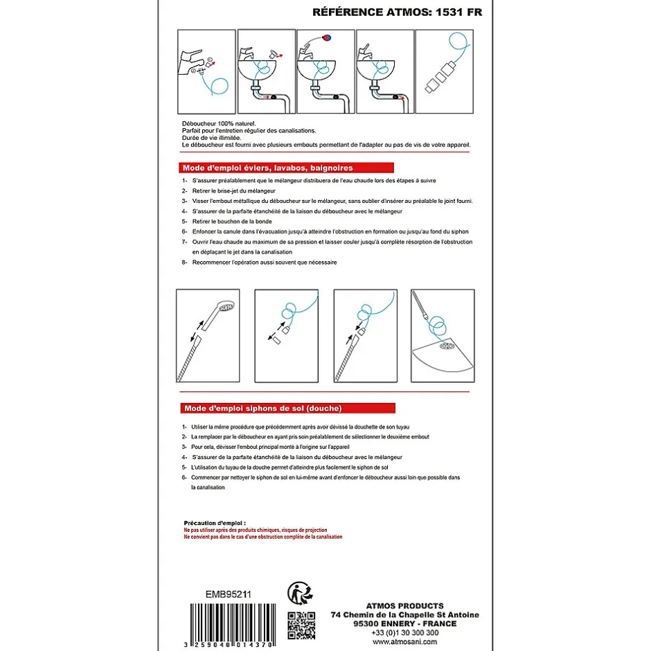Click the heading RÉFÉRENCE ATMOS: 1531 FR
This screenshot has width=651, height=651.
397,12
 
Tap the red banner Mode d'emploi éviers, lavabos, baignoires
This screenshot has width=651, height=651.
287,168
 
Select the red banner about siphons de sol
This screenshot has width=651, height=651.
287,408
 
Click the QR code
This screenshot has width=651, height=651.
301,625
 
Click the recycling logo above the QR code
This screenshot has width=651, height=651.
300,594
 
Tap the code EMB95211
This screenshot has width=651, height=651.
229,594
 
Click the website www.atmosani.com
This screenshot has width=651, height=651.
405,641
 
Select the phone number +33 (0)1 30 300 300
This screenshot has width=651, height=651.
405,632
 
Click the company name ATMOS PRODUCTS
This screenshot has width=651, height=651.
405,606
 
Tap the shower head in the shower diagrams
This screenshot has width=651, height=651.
220,314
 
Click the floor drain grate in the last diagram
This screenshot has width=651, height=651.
447,346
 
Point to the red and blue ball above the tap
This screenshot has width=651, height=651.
327,38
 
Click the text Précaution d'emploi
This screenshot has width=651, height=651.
215,523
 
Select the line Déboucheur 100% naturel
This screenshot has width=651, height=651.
219,123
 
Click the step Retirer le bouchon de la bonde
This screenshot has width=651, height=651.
232,222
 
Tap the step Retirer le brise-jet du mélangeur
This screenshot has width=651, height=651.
234,190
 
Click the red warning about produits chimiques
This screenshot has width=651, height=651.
256,530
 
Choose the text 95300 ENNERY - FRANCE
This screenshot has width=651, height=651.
405,623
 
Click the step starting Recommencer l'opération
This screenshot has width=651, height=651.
265,262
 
